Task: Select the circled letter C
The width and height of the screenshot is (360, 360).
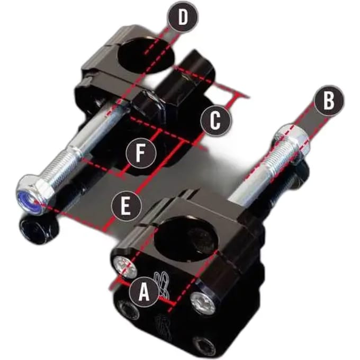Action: (215, 121)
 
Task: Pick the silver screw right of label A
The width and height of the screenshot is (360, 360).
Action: (203, 303)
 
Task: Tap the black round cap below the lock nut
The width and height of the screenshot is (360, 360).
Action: (39, 231)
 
